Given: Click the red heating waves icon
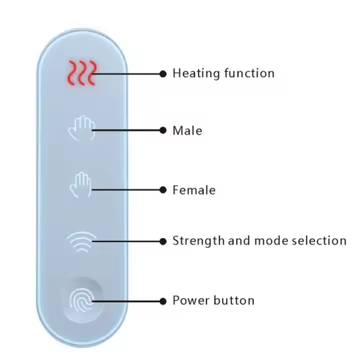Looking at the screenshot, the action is [82, 73].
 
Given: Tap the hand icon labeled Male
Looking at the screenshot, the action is [81, 128].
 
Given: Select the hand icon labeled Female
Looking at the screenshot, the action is [80, 184].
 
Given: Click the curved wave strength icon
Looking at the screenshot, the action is [81, 241].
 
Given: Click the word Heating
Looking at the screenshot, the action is [196, 73].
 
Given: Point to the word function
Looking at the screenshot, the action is [249, 73].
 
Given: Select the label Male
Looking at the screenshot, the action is [187, 130].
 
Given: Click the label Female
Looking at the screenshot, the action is [194, 190].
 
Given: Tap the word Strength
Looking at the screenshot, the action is [198, 241].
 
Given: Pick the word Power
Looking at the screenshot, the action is [190, 300].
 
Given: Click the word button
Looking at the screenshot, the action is [233, 300].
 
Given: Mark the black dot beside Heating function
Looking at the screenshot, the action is [163, 74].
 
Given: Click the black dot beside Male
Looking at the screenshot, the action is [163, 130].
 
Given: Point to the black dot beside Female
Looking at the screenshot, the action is [163, 190].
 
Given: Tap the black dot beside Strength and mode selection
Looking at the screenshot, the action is [163, 241].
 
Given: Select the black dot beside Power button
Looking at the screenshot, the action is [163, 301].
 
